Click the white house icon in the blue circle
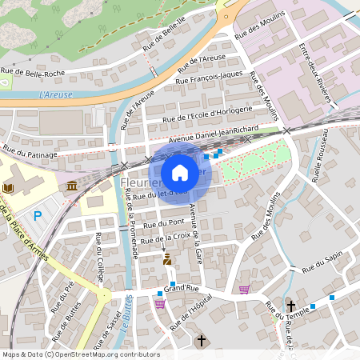(x=180, y=173)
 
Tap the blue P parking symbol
(x=38, y=215)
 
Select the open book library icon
(x=9, y=187)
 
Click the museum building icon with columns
(x=73, y=186)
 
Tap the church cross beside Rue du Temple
(x=290, y=306)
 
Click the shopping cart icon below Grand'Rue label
(x=160, y=303)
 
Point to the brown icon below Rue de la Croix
(x=166, y=259)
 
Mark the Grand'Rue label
(x=180, y=288)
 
